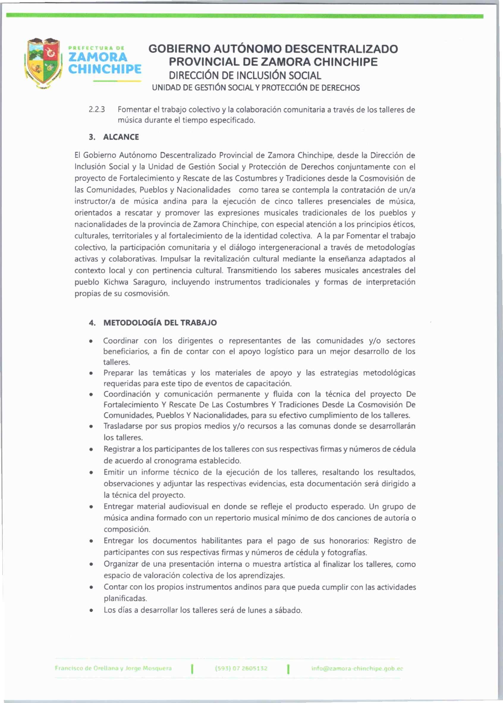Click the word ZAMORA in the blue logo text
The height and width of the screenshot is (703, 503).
(98, 57)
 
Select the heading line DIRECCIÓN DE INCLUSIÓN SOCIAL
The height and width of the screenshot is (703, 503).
(245, 75)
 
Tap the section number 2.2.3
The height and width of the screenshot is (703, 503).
(97, 110)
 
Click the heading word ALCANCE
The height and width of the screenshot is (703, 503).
(121, 137)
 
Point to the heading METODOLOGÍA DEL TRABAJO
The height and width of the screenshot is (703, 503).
(160, 323)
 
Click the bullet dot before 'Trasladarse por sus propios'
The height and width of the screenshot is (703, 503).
(91, 427)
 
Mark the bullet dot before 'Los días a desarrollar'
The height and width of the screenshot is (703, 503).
(91, 611)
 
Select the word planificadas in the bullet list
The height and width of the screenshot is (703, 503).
(125, 598)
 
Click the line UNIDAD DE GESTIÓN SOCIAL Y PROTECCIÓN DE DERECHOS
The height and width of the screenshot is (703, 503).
(256, 88)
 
